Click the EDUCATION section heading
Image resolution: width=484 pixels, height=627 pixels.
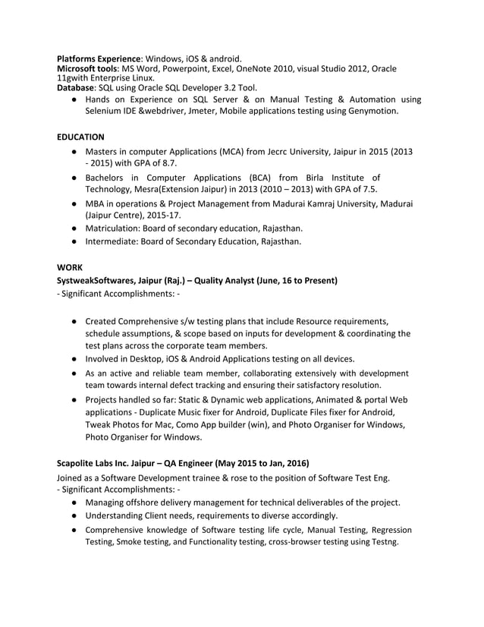(x=81, y=137)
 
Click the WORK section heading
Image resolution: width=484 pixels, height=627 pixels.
(x=71, y=266)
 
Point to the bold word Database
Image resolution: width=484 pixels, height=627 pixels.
(x=79, y=87)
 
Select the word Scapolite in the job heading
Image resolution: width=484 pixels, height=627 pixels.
(x=80, y=462)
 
